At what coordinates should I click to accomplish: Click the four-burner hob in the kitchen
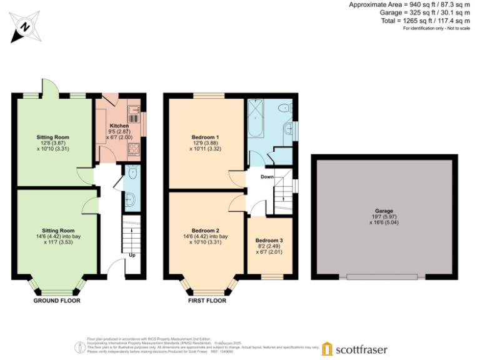134,149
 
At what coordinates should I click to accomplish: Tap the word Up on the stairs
131,255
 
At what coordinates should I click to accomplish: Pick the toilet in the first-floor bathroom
284,107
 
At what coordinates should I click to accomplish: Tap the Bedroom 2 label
205,230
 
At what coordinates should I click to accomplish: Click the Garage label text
384,211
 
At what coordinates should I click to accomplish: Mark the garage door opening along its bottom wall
382,277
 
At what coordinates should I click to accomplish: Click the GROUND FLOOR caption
57,301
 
